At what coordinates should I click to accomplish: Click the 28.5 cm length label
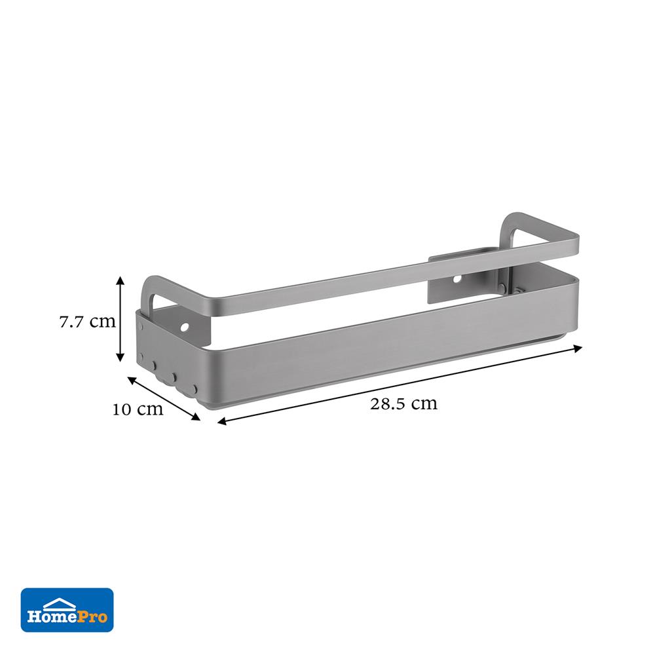pos(403,404)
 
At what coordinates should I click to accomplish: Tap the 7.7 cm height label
pos(87,322)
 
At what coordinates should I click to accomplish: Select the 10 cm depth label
pos(138,409)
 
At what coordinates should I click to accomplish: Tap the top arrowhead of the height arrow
pos(121,281)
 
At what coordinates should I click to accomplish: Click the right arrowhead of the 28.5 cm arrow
pos(578,348)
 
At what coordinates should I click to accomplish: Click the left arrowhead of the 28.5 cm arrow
pos(223,422)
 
